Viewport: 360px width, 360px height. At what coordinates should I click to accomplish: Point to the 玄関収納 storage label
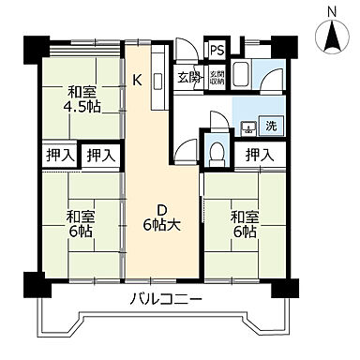pos(216,78)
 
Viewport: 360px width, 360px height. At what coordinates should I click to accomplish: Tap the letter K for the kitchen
pos(137,80)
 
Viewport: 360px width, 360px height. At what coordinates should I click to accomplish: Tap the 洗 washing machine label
pos(270,127)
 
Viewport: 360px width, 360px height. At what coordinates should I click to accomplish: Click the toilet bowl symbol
pos(215,151)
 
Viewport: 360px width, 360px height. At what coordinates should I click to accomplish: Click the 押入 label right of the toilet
pos(259,155)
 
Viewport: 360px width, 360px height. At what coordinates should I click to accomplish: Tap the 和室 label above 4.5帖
pos(82,92)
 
